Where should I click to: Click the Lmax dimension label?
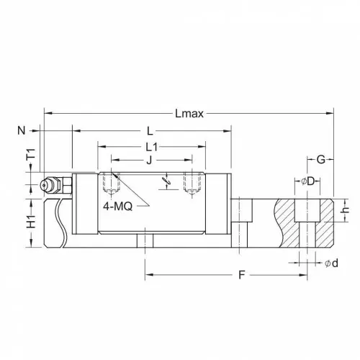pyautogui.click(x=189, y=114)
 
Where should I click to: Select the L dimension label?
pyautogui.click(x=150, y=131)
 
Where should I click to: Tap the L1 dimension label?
pyautogui.click(x=152, y=147)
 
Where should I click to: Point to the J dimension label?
pyautogui.click(x=149, y=160)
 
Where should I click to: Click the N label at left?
pyautogui.click(x=22, y=131)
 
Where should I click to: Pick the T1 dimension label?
pyautogui.click(x=31, y=154)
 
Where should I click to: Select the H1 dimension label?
pyautogui.click(x=31, y=221)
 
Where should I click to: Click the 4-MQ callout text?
pyautogui.click(x=118, y=207)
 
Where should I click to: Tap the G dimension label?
pyautogui.click(x=321, y=160)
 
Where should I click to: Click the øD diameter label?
pyautogui.click(x=308, y=181)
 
